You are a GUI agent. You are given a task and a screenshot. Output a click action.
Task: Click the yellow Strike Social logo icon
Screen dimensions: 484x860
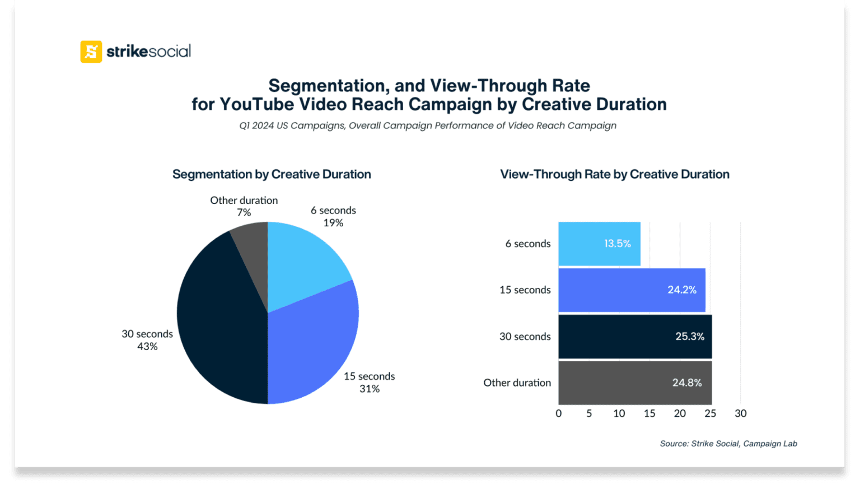pos(91,52)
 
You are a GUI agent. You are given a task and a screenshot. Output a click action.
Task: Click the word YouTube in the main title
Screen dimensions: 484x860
pos(256,104)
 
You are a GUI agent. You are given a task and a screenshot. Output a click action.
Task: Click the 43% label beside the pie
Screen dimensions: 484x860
pos(147,347)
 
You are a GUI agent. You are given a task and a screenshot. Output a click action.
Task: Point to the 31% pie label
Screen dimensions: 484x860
pos(370,389)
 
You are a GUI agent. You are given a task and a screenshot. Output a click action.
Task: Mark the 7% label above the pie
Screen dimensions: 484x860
pos(244,212)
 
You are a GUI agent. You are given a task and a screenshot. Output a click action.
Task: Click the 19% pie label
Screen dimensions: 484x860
pos(333,223)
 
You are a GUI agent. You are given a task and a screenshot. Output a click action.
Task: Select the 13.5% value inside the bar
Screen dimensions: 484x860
pos(617,244)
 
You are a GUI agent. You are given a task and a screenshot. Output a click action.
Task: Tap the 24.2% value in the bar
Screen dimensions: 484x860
pos(681,290)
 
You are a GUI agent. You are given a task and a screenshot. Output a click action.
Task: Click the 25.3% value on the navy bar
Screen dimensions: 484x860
pos(689,337)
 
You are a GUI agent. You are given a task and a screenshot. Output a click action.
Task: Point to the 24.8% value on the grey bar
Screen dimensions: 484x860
pos(686,383)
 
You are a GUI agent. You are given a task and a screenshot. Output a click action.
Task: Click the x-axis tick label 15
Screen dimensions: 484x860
pos(649,413)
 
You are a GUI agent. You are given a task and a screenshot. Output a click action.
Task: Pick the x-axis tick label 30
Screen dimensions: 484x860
pos(740,413)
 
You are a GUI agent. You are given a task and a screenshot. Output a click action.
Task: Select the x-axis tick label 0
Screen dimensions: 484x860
pos(558,413)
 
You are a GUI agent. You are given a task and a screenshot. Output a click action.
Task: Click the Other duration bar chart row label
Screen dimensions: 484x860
pos(517,383)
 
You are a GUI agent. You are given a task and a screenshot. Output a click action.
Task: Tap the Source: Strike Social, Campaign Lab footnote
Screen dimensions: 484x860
pos(728,444)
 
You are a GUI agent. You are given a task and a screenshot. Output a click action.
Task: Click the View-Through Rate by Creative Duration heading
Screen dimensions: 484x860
pos(614,174)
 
